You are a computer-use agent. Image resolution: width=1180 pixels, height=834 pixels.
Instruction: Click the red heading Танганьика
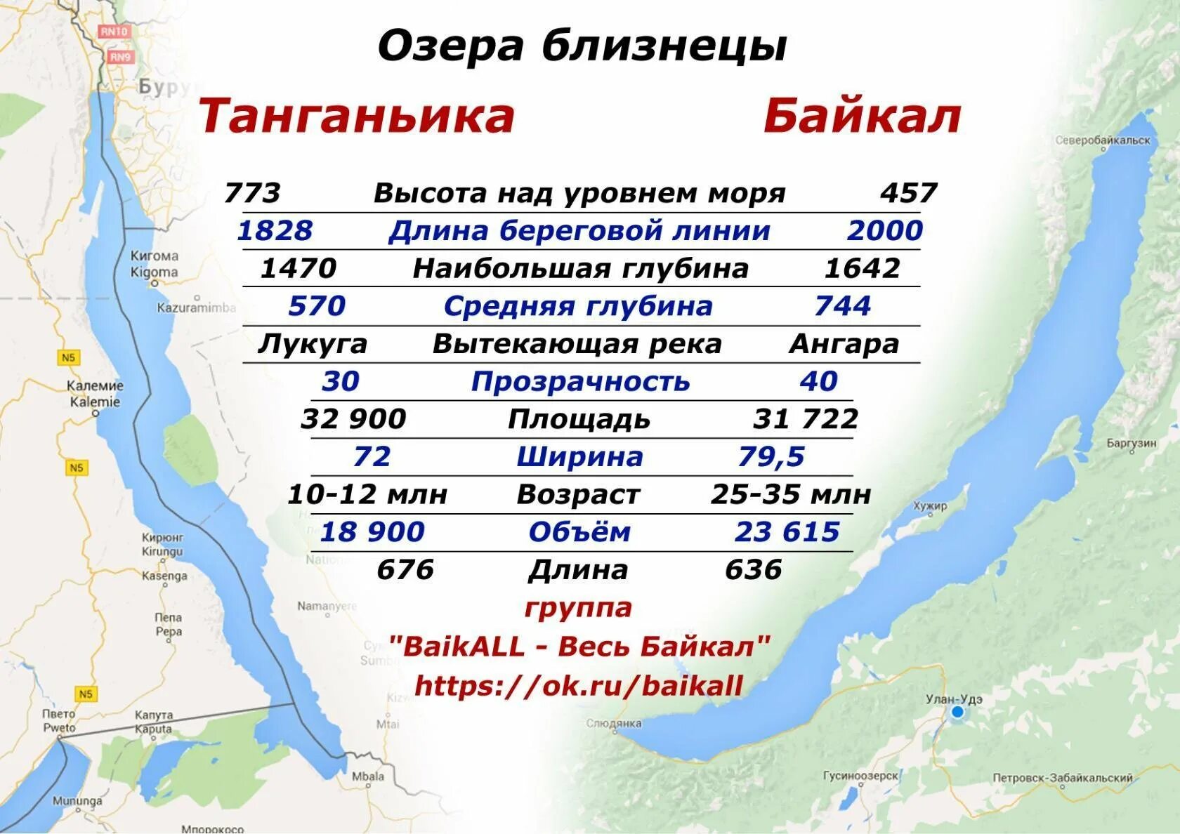coord(357,117)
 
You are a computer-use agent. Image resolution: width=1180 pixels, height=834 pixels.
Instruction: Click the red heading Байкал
coord(862,117)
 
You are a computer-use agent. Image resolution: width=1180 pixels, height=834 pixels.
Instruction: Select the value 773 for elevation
coord(252,193)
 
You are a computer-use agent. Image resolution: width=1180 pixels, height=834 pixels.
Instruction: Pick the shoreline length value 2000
coord(884,231)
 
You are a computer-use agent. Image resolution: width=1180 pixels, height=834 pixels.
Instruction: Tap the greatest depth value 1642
coord(861,269)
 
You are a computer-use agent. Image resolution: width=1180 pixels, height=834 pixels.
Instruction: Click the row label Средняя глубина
coord(578,307)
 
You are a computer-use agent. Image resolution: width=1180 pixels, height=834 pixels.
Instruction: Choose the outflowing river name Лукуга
coord(313,344)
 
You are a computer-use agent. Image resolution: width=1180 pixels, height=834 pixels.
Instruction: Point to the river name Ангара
coord(844,344)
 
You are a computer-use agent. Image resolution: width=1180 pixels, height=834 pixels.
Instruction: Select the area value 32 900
coord(353,419)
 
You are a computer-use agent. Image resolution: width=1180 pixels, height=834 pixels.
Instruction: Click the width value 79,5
coord(771,457)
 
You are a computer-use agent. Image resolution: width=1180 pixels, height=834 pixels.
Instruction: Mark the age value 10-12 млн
coord(367,494)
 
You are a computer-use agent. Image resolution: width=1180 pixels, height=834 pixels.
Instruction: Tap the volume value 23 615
coord(787,532)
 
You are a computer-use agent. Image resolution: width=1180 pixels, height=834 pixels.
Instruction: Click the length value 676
coord(405,569)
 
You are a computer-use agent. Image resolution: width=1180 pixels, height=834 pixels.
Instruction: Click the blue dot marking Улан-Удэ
coord(957,712)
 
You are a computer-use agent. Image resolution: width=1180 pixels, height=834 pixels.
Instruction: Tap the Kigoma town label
coord(155,272)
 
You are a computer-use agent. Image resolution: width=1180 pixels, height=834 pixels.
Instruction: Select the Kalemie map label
coord(95,402)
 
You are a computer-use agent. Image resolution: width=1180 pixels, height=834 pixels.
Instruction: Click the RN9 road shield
coord(120,57)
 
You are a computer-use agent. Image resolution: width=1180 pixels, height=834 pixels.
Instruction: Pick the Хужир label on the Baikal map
coord(931,505)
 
